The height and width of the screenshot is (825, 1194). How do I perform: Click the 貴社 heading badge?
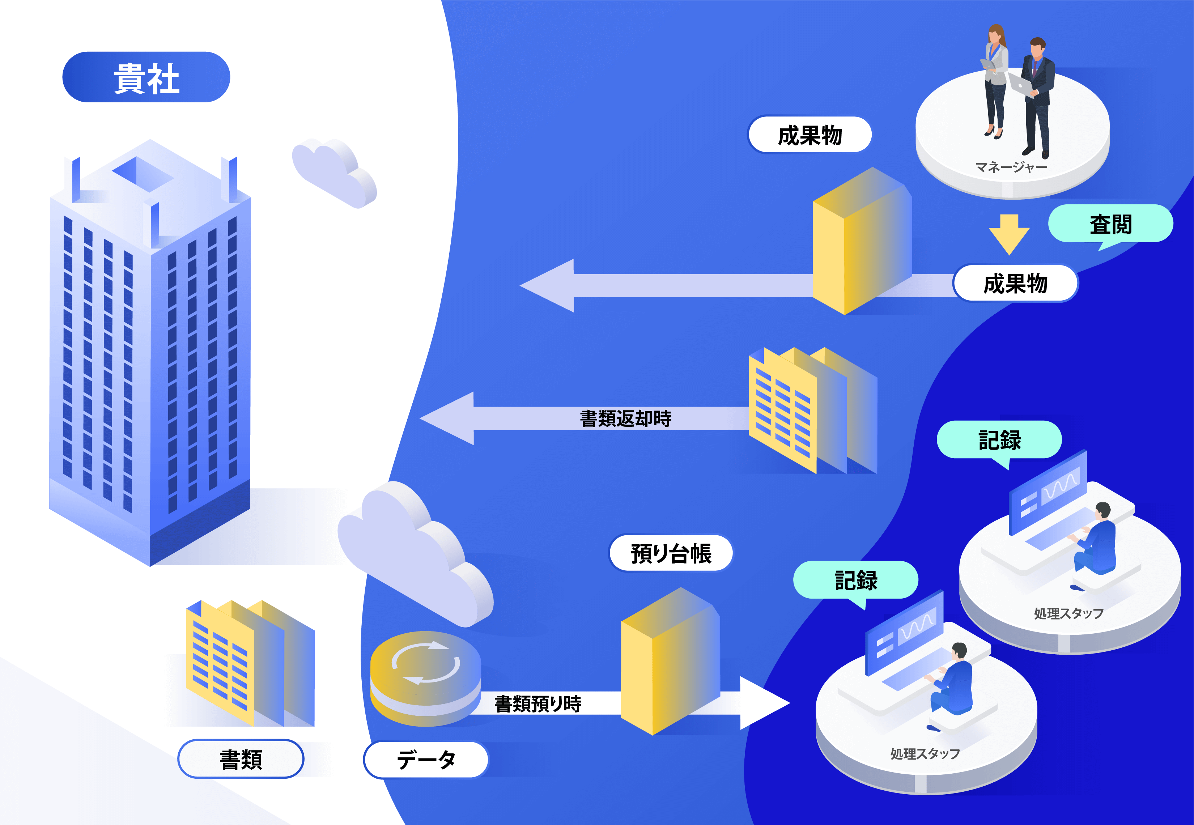tap(146, 77)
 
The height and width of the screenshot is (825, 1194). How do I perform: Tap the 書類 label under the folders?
tap(241, 759)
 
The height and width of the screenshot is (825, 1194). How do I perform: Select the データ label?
tap(426, 759)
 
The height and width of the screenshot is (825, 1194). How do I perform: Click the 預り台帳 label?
tap(671, 553)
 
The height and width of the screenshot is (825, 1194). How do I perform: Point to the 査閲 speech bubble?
tap(1110, 224)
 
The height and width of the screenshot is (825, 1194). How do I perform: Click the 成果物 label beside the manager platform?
tap(810, 135)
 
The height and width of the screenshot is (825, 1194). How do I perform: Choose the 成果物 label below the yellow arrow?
tap(1015, 283)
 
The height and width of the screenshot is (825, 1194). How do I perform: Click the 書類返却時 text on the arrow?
tap(625, 418)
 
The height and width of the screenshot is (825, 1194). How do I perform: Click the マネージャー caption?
tap(1011, 167)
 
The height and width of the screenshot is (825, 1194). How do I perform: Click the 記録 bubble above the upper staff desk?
tap(999, 440)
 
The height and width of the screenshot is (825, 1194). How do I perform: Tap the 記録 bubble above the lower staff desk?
tap(856, 580)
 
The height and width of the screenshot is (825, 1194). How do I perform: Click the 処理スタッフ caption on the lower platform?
tap(925, 754)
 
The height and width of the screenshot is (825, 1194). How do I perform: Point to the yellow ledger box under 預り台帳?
tap(670, 662)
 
